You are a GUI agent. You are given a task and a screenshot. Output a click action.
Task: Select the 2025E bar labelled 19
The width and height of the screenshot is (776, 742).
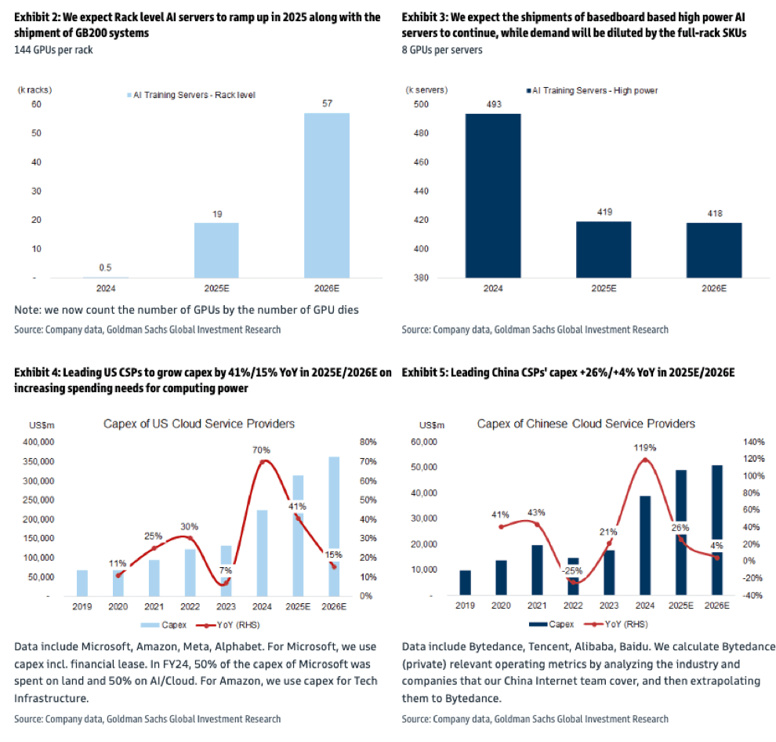pyautogui.click(x=216, y=250)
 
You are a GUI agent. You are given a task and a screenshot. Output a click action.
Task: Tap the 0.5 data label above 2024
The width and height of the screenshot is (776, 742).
pyautogui.click(x=105, y=265)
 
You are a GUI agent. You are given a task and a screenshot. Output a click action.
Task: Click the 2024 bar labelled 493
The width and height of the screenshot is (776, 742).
pyautogui.click(x=493, y=196)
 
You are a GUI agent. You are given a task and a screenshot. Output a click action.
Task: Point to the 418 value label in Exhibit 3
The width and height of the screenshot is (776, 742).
pyautogui.click(x=714, y=213)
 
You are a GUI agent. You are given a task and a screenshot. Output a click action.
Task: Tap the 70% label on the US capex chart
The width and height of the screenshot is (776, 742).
pyautogui.click(x=261, y=450)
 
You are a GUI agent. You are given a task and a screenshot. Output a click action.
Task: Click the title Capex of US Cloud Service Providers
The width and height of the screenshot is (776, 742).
pyautogui.click(x=199, y=424)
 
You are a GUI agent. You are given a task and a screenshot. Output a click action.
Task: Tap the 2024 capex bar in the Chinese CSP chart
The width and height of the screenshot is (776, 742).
pyautogui.click(x=644, y=546)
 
